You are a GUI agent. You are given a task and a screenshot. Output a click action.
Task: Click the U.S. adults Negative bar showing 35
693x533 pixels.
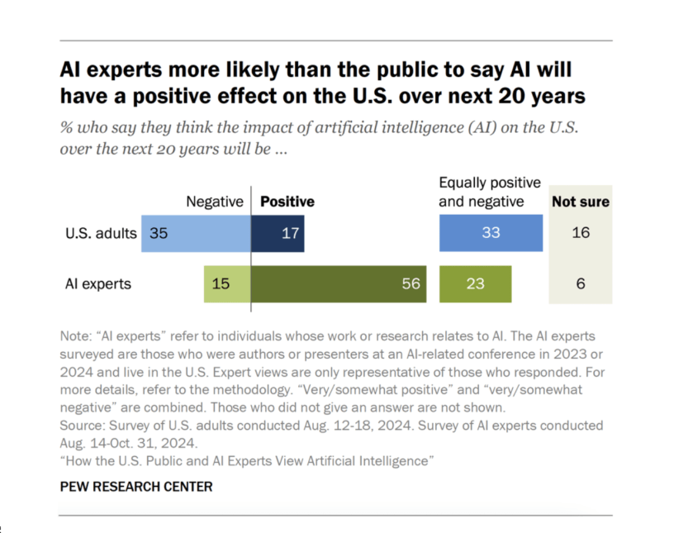click(x=196, y=233)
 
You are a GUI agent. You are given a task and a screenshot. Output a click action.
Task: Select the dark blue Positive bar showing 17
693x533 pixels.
click(x=278, y=233)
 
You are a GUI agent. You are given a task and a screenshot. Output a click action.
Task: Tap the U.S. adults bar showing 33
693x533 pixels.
click(x=491, y=233)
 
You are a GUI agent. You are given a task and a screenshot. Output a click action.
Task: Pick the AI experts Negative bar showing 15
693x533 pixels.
click(x=227, y=283)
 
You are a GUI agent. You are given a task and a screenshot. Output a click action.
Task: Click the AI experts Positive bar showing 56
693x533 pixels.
click(x=339, y=283)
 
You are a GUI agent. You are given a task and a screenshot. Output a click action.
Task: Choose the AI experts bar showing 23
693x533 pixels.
click(x=475, y=283)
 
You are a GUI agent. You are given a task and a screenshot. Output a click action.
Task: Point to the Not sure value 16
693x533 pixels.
click(x=581, y=233)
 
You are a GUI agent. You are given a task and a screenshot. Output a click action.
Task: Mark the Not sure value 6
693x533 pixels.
click(x=581, y=283)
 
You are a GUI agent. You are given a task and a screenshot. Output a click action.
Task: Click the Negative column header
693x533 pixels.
click(x=215, y=201)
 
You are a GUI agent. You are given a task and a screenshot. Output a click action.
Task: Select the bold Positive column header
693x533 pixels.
click(x=287, y=201)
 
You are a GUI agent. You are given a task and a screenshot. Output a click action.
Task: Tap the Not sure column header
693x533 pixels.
click(x=581, y=201)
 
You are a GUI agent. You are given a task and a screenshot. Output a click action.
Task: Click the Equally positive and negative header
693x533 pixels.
click(x=489, y=192)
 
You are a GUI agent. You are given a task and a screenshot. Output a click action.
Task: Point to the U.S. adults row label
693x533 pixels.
click(x=101, y=233)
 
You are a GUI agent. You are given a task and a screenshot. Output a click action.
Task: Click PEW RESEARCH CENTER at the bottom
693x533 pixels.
click(x=136, y=487)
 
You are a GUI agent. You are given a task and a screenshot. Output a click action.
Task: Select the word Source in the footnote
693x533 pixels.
click(x=82, y=426)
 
